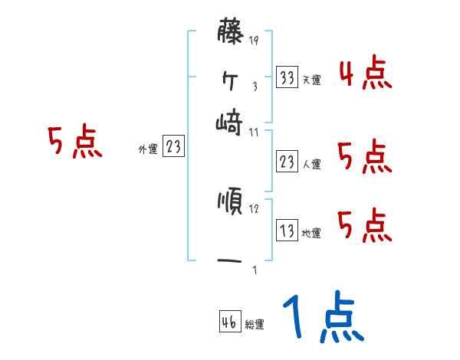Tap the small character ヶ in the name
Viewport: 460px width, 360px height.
tap(229, 79)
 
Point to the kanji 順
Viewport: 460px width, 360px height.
tap(230, 202)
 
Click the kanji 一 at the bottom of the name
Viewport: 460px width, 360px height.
tap(230, 260)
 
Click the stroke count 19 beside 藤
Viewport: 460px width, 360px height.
tap(254, 41)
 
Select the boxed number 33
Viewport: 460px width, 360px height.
tap(287, 77)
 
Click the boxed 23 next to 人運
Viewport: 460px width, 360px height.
tap(287, 162)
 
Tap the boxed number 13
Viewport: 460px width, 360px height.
tap(287, 231)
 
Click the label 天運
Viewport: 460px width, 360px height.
tap(312, 80)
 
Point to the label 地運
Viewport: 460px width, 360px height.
tap(311, 234)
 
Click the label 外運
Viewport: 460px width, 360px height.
tap(148, 150)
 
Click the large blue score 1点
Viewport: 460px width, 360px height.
tap(321, 318)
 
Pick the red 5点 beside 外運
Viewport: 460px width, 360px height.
tap(74, 143)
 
